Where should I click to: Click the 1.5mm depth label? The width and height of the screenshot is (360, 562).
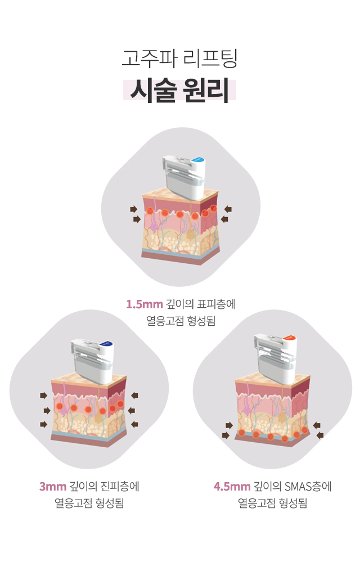pyautogui.click(x=144, y=304)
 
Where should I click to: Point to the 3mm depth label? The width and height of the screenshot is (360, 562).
pyautogui.click(x=53, y=486)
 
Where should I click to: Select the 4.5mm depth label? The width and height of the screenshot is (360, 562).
pyautogui.click(x=232, y=486)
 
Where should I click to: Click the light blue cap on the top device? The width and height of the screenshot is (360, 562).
pyautogui.click(x=197, y=160)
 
